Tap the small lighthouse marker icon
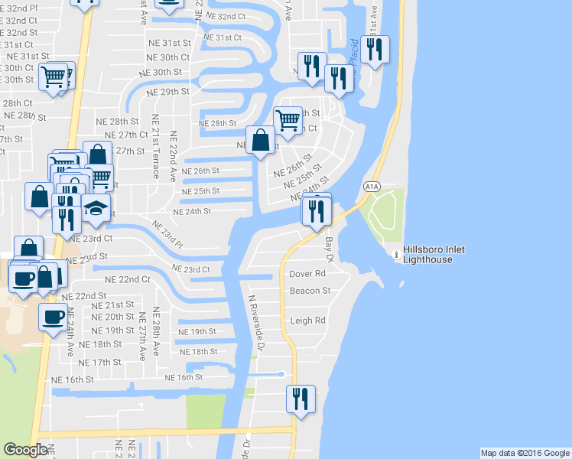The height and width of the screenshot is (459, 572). [x=395, y=255]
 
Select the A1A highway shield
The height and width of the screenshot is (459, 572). [x=372, y=186]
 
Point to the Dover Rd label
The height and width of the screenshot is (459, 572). [x=308, y=274]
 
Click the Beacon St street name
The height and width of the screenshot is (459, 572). [x=310, y=291]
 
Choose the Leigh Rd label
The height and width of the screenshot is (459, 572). [x=308, y=321]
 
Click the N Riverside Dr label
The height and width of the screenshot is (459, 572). [x=256, y=324]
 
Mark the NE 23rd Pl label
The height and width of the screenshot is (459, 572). [x=167, y=235]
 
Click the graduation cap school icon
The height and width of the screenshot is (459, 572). [x=96, y=209]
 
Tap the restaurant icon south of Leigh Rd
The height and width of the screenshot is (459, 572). [x=300, y=399]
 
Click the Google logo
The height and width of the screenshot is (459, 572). [x=25, y=451]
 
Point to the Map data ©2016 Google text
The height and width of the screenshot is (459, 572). [x=525, y=453]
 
